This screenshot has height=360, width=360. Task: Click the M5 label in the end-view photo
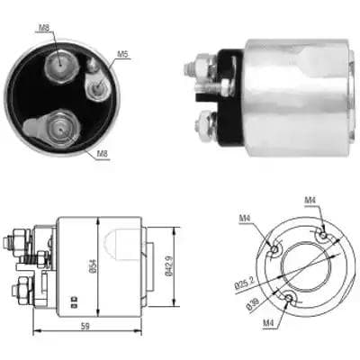(122, 55)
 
